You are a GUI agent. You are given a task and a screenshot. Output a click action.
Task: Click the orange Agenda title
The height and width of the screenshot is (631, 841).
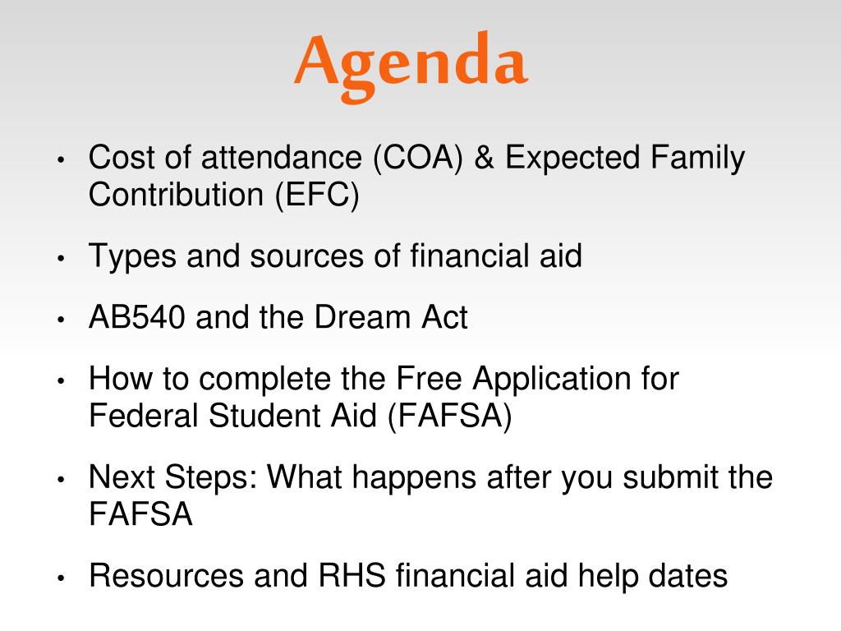click(x=411, y=66)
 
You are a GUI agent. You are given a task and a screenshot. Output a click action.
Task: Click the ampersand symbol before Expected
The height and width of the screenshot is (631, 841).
click(x=484, y=158)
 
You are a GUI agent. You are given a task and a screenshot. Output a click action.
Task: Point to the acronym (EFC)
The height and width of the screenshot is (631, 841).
click(x=317, y=196)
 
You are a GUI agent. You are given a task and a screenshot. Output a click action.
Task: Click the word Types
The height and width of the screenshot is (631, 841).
click(x=132, y=256)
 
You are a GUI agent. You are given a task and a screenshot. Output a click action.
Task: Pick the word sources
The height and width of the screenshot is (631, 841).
click(x=307, y=257)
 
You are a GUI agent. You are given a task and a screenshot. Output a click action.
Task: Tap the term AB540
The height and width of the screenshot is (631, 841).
click(x=137, y=317)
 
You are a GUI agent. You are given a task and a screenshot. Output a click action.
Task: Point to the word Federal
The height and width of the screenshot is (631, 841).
click(x=143, y=416)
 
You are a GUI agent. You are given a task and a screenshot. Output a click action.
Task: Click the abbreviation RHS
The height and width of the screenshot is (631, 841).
click(x=352, y=576)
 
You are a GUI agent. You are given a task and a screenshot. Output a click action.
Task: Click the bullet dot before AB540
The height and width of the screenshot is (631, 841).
click(x=61, y=320)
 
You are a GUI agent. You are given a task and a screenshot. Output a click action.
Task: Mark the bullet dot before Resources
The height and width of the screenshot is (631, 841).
click(x=61, y=578)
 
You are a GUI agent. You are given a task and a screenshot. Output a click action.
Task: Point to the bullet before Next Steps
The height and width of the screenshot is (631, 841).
click(x=61, y=480)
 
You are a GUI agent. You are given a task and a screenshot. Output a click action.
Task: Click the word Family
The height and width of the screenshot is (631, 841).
click(x=697, y=159)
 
